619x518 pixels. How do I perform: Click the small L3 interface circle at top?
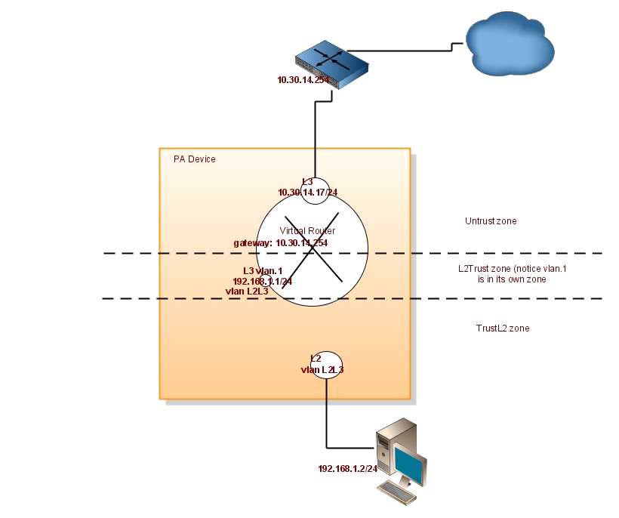[315, 187]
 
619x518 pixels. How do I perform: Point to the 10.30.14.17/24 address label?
[307, 193]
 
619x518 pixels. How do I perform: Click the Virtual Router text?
[307, 230]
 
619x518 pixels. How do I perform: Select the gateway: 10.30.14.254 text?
[280, 243]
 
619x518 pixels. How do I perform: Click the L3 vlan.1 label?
[262, 270]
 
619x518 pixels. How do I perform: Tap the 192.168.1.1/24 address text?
[262, 280]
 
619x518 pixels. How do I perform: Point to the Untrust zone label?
[491, 221]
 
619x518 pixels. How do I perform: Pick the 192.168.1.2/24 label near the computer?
[346, 468]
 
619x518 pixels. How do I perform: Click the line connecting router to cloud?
[400, 51]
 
